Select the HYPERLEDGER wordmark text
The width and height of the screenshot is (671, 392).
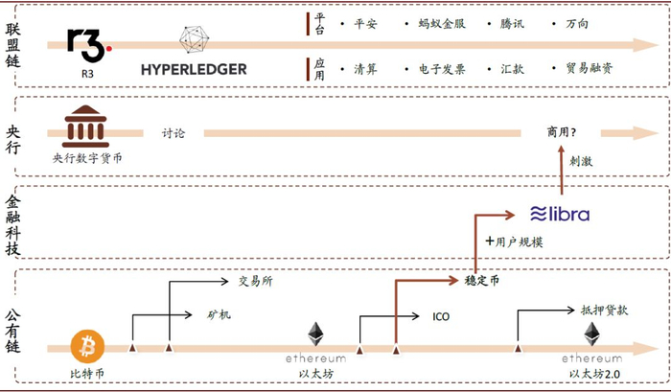click(x=194, y=69)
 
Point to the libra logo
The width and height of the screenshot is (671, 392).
click(x=561, y=214)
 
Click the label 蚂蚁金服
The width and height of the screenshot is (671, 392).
click(x=441, y=22)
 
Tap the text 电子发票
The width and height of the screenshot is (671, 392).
click(x=438, y=69)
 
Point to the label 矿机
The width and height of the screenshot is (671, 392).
click(x=219, y=313)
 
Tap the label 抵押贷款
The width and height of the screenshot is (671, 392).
click(x=604, y=311)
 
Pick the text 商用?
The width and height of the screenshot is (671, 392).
click(x=563, y=132)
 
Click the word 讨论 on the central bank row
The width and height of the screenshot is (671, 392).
click(x=174, y=134)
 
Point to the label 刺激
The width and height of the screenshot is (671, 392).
click(x=580, y=162)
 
